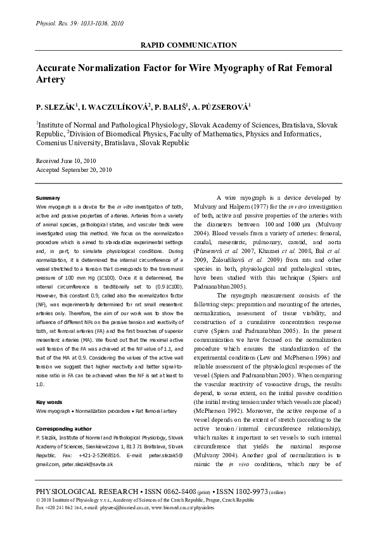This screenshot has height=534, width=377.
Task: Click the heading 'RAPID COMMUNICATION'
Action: (189, 46)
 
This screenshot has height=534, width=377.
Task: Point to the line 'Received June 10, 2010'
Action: (67, 162)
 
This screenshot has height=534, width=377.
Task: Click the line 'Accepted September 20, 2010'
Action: (73, 170)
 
